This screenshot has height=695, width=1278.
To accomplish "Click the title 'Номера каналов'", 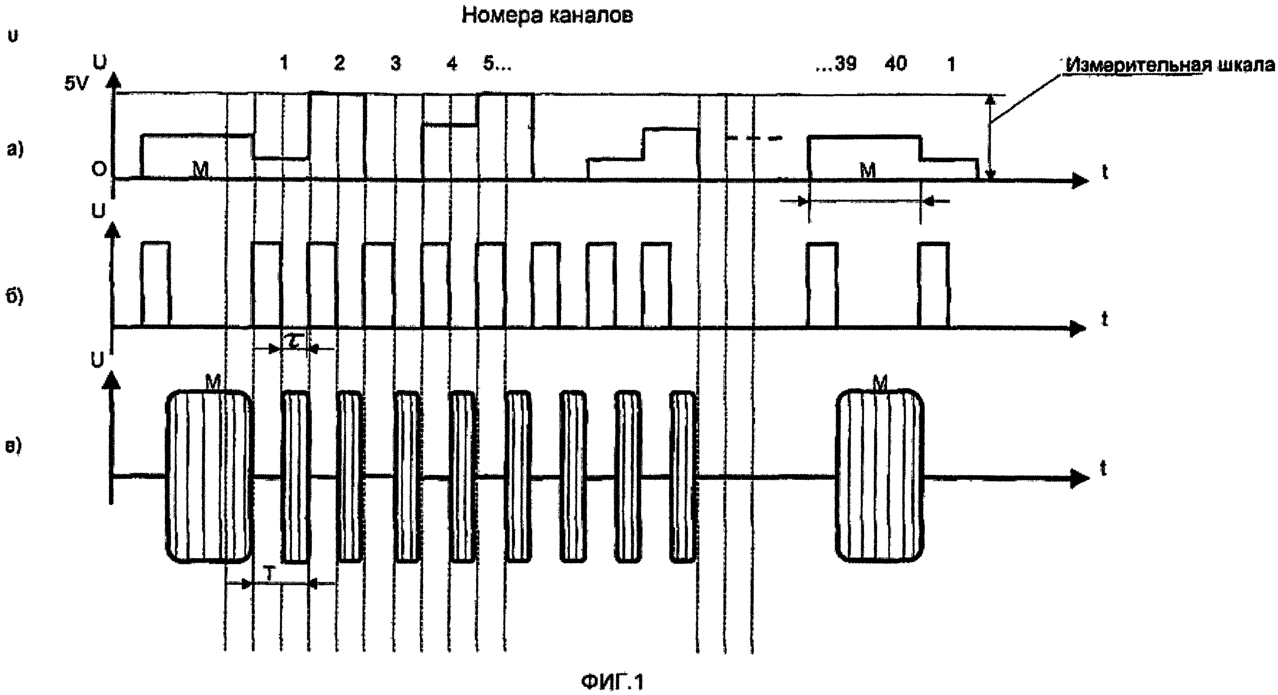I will (x=547, y=16).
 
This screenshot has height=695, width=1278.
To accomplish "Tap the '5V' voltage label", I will (x=75, y=84).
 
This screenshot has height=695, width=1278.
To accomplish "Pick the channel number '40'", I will (x=895, y=64).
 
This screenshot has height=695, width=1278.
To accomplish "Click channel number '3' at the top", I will (x=396, y=64).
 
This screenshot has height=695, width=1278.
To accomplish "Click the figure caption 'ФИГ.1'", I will (x=612, y=682).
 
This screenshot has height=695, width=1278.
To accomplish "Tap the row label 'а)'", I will (x=15, y=149).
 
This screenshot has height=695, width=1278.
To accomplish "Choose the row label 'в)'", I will (x=13, y=446).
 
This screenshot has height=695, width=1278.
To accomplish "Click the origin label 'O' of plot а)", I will (x=99, y=169).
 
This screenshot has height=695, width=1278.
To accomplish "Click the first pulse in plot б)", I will (x=156, y=285).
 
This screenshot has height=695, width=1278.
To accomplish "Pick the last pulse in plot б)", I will (x=933, y=285).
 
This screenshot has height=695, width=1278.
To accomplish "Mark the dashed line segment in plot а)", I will (x=754, y=138).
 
